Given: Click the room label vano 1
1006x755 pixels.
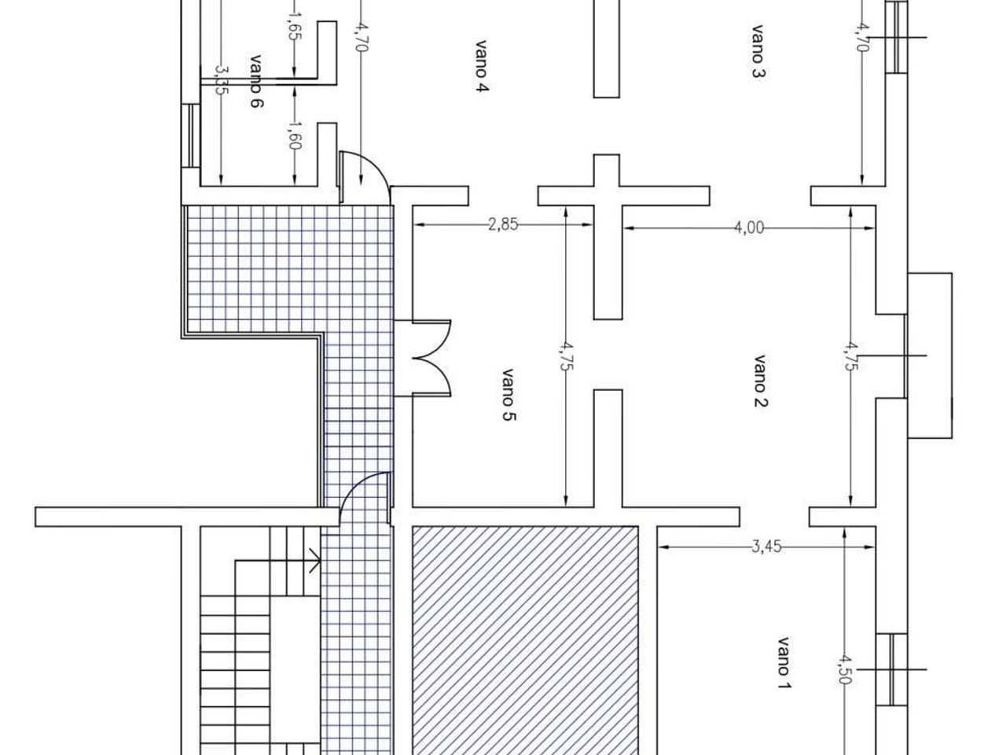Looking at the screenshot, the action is (x=784, y=662).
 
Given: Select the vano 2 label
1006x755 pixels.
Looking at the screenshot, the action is (x=760, y=381).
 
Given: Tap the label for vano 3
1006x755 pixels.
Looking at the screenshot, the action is (x=758, y=51).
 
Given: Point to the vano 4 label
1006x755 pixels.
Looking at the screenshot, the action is (x=481, y=67).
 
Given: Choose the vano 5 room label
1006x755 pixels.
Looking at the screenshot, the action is (x=509, y=395).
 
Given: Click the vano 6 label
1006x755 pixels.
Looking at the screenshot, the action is (x=257, y=81).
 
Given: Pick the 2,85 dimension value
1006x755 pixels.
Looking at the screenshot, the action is (x=503, y=225).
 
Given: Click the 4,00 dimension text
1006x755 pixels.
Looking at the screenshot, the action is (x=749, y=227).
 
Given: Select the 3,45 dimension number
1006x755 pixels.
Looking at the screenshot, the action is (x=766, y=547).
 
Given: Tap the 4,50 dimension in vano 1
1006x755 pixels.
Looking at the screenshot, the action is (x=845, y=669).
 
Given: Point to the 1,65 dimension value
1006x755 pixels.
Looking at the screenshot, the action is (x=294, y=26).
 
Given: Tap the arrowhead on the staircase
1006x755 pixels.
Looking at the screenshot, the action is (x=315, y=561).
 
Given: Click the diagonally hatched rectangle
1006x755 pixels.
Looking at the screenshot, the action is (x=525, y=640).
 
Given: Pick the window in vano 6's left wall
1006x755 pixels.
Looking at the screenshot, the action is (x=191, y=136).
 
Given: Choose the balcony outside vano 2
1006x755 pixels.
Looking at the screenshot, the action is (x=930, y=355).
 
